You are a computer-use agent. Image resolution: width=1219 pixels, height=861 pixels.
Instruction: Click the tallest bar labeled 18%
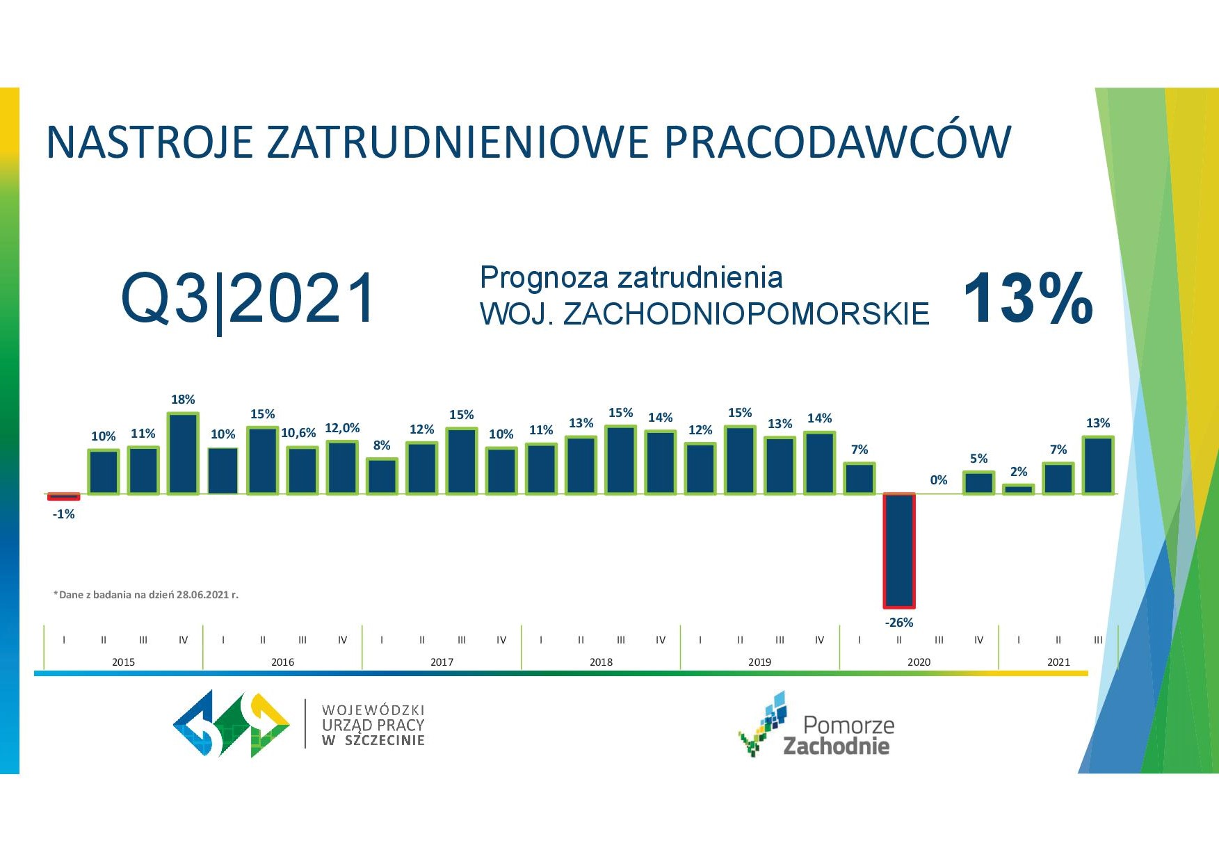183,453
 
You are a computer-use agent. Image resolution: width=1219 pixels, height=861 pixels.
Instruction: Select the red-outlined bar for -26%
899,550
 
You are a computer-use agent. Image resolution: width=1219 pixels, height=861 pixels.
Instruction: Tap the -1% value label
63,514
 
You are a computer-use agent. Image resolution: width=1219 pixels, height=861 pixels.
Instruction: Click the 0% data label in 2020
939,480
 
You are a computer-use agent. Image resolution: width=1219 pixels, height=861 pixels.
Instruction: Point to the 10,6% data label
298,433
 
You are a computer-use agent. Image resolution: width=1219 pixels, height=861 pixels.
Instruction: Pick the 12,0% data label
342,428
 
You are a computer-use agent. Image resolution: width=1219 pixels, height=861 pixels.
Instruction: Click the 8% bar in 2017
382,476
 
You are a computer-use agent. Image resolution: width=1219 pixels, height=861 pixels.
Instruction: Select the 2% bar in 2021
1019,489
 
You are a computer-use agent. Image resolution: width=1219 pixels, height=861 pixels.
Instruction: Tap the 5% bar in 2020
978,483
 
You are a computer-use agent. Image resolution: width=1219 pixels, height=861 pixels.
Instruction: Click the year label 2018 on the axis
601,662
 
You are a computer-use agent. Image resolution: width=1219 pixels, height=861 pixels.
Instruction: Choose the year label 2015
123,662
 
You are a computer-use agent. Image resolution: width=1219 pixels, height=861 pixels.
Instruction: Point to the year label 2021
1058,662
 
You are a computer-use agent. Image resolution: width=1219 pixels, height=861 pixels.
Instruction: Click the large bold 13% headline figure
1028,299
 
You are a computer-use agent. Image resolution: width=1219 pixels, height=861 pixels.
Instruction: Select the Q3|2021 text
248,299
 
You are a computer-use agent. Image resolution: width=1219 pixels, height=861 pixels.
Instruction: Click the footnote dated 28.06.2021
146,595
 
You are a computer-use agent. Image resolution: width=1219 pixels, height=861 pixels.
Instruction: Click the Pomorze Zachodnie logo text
838,735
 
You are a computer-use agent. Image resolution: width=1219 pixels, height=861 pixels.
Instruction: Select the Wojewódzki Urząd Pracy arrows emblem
232,723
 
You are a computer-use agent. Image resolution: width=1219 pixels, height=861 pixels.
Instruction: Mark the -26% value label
899,623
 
